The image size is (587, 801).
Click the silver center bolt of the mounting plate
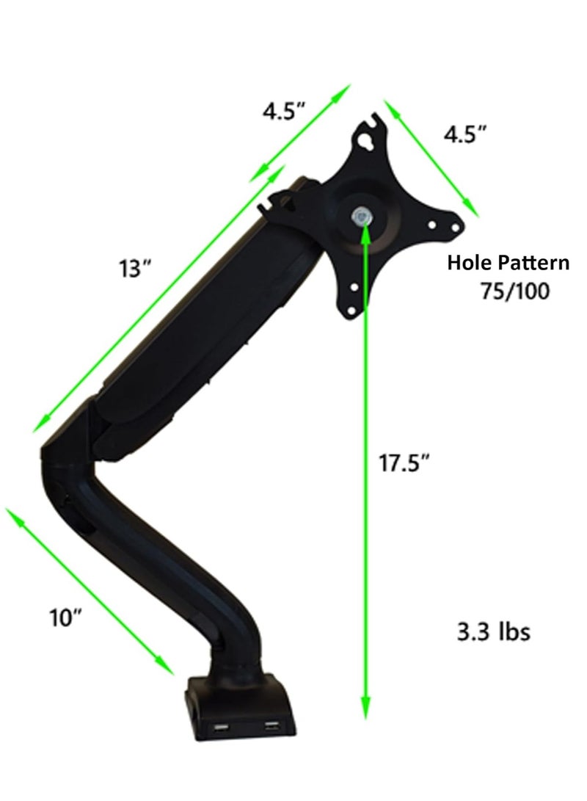click(x=361, y=217)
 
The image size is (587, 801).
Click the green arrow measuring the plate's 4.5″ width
click(x=431, y=159)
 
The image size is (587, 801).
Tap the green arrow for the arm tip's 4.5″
click(x=301, y=132)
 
